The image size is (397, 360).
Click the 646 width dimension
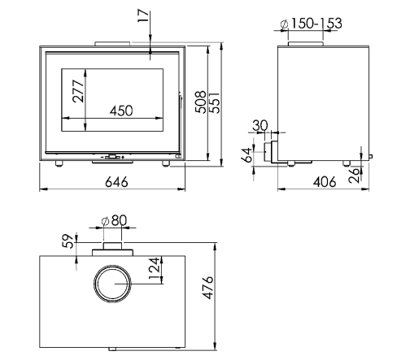click(116, 182)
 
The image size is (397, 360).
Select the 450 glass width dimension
click(121, 111)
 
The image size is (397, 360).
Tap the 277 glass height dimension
click(79, 91)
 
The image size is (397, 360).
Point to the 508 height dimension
click(201, 102)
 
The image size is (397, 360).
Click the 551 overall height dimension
click(216, 102)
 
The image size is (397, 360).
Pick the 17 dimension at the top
click(144, 16)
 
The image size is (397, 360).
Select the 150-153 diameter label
click(312, 24)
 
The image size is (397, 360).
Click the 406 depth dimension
click(325, 182)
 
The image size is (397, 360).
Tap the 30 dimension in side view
click(260, 126)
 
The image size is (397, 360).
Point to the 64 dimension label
click(247, 155)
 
